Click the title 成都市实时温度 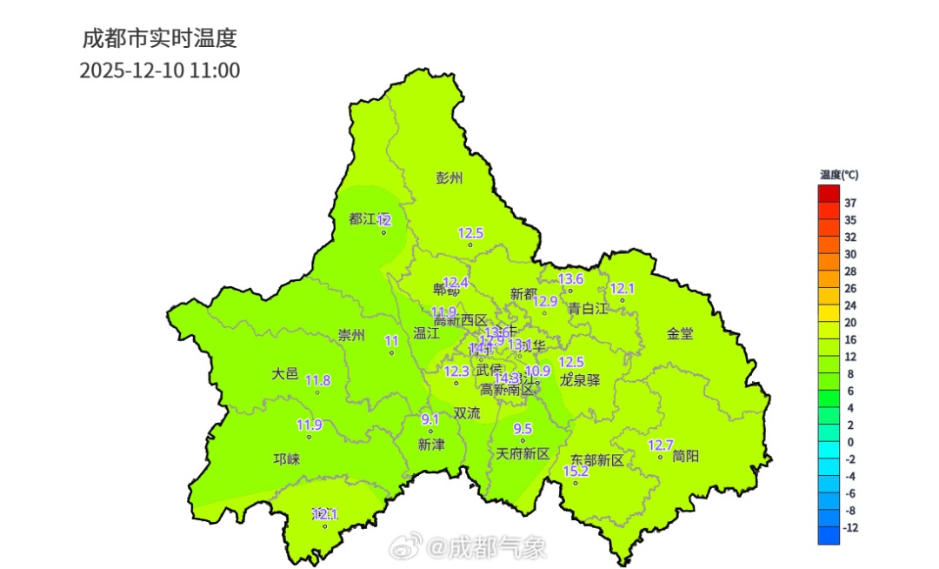click(159, 39)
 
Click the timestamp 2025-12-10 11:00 click(160, 70)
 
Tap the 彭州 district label click(450, 178)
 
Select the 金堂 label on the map click(680, 333)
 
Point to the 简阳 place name click(686, 455)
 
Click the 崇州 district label click(351, 336)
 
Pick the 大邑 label click(284, 374)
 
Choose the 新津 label click(431, 445)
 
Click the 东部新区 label click(597, 459)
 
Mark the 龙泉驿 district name click(580, 379)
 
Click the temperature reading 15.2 click(576, 471)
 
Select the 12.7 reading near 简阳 click(661, 445)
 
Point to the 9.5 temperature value click(523, 429)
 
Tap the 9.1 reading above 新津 click(430, 419)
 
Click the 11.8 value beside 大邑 click(317, 380)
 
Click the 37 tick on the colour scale click(850, 203)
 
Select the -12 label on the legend click(851, 528)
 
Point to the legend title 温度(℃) click(838, 175)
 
